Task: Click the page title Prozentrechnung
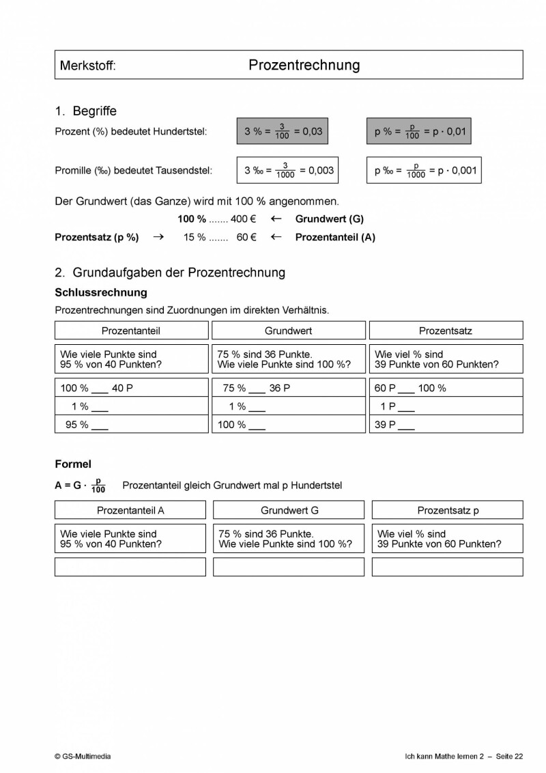coord(304,65)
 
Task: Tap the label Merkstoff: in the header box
coord(88,66)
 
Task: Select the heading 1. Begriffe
coord(86,111)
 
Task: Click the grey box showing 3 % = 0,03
coord(283,131)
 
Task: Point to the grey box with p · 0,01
coord(419,131)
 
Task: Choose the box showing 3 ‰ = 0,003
coord(288,170)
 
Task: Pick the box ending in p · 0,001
coord(424,170)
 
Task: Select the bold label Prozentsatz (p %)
coord(96,238)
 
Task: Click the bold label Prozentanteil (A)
coord(334,238)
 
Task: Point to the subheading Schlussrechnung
coord(100,292)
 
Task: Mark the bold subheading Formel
coord(73,464)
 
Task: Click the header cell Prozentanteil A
coord(130,510)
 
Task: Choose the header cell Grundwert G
coord(289,510)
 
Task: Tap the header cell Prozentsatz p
coord(448,510)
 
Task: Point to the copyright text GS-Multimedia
coord(83,756)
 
